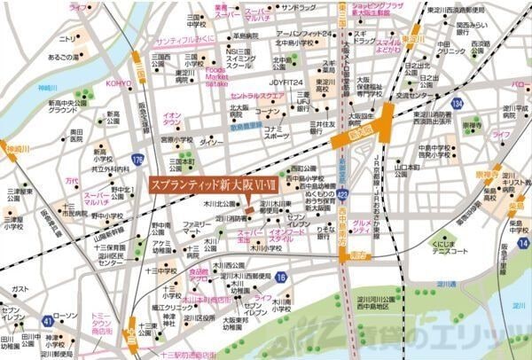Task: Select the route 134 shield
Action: (457, 105)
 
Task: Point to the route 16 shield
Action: (280, 278)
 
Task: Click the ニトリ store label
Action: (67, 39)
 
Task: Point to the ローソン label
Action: (65, 317)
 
